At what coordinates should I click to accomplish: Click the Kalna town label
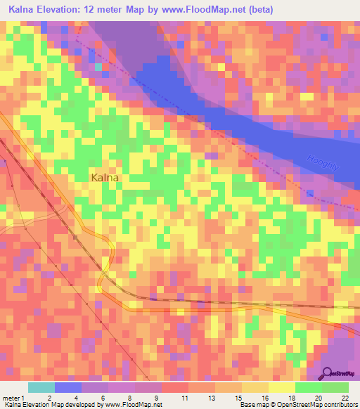105,178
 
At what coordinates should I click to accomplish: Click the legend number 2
49,398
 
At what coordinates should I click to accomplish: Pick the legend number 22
345,398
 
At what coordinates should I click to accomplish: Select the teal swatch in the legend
41,387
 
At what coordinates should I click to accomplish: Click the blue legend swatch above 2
68,387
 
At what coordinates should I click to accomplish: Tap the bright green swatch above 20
309,387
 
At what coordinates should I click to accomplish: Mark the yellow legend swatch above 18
282,387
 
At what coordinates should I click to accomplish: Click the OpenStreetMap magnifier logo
328,372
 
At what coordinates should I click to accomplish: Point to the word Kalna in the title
22,9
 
